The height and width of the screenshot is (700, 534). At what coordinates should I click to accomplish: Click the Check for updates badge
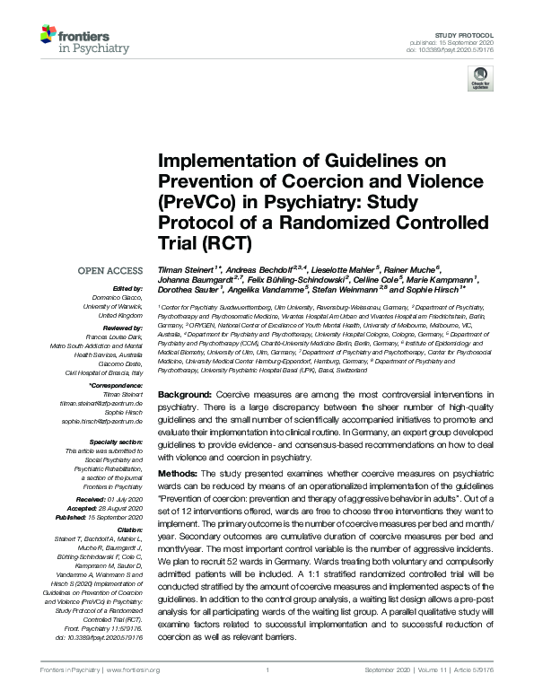tap(482, 81)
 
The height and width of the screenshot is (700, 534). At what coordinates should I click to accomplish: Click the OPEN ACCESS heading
tap(111, 269)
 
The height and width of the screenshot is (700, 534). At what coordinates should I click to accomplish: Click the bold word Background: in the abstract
tap(187, 395)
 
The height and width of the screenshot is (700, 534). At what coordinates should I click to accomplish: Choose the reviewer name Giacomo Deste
tap(120, 363)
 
